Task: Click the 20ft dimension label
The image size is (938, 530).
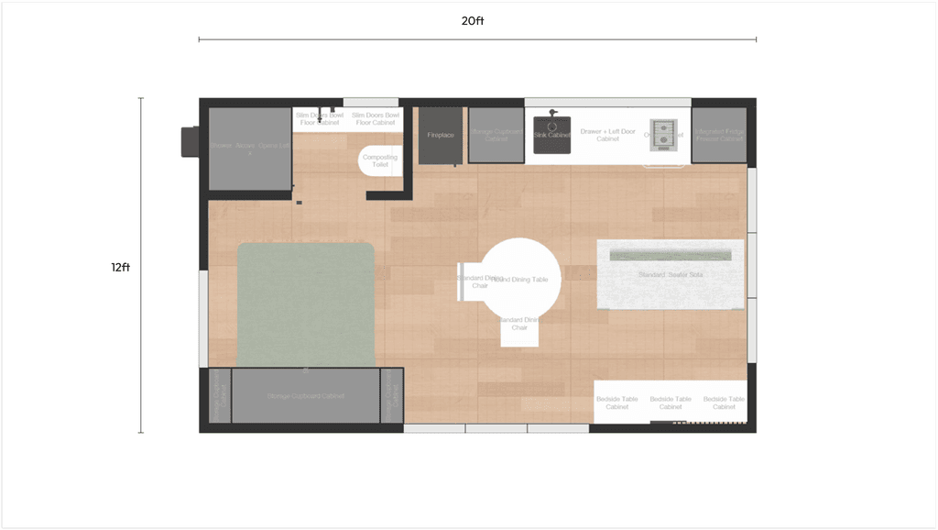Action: [473, 20]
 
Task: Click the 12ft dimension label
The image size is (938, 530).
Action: [120, 267]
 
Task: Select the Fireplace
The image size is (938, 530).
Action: [440, 136]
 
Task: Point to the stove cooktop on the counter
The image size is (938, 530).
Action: [662, 133]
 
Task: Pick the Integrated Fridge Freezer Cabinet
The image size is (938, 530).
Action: [718, 135]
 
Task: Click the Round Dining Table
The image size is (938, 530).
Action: [522, 278]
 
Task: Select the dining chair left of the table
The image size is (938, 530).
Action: [469, 282]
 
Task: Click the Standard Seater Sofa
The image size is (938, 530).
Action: [669, 274]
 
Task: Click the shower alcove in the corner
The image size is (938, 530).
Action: [249, 148]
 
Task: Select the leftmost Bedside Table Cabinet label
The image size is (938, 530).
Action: [616, 403]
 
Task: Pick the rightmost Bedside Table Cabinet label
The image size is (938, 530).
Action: [724, 403]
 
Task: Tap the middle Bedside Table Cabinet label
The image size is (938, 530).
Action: [671, 403]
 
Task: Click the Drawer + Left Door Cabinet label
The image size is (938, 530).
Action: [607, 135]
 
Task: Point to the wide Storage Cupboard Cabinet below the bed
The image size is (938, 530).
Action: [306, 395]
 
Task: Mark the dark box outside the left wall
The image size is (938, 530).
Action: [189, 140]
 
